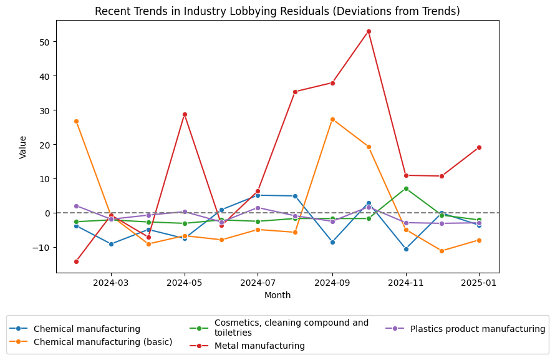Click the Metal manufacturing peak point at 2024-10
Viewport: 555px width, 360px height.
point(369,31)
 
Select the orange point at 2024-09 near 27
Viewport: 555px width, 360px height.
point(332,119)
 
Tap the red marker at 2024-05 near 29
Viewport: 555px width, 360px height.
point(185,114)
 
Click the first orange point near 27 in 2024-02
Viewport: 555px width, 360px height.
point(76,121)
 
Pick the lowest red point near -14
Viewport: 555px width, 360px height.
point(76,261)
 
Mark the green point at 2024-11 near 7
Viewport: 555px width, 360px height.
point(406,188)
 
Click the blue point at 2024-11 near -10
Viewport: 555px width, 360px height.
point(406,249)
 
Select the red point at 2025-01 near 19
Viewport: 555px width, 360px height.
point(479,147)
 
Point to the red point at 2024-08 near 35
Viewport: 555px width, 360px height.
point(295,92)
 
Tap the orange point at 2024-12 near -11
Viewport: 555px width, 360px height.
point(442,251)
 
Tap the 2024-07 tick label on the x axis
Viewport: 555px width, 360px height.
point(258,283)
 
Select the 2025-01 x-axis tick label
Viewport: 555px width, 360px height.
point(479,283)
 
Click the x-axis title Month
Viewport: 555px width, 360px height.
point(277,295)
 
